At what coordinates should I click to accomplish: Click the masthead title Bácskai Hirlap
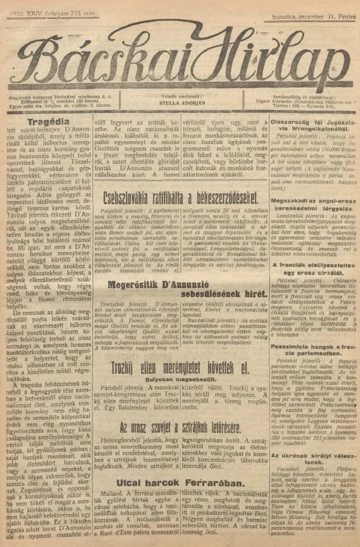(180, 58)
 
